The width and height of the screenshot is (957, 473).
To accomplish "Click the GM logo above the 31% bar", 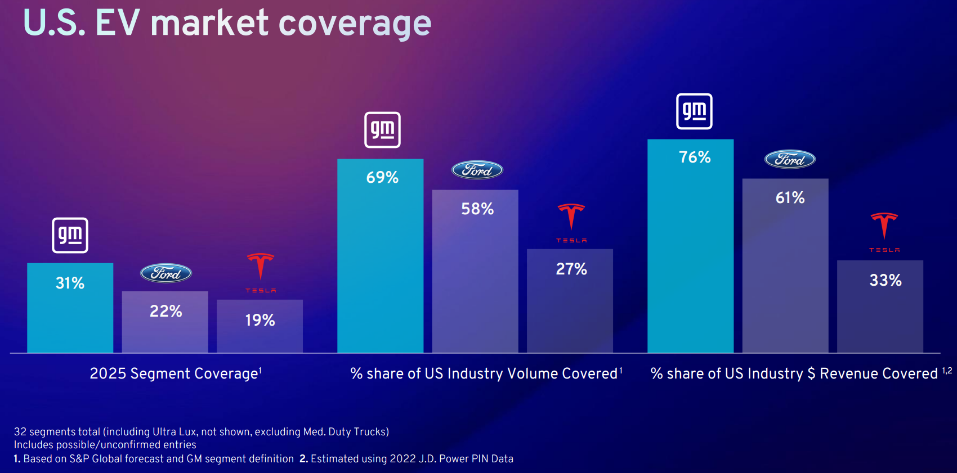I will (70, 235).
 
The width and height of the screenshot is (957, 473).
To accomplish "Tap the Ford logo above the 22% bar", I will (166, 273).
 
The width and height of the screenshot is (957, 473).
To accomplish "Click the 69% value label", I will (382, 178).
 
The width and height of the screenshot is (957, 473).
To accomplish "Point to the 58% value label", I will (477, 209).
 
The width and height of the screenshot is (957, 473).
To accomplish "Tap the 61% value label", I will (790, 198).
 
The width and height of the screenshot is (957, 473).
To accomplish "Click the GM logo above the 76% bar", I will (694, 111).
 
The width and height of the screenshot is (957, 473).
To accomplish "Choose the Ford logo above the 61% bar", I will (790, 160).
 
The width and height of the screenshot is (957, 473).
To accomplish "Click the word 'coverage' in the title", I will (355, 24).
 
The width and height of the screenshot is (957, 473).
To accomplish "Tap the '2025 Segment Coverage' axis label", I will (175, 373).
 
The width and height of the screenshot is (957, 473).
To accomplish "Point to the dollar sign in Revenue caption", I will (811, 373).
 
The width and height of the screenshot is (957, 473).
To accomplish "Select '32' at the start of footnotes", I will (20, 432).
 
